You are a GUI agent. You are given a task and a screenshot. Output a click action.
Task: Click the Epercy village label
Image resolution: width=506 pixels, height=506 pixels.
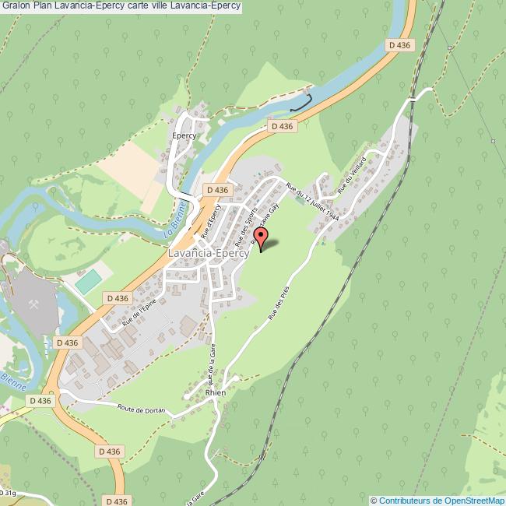pyautogui.click(x=184, y=135)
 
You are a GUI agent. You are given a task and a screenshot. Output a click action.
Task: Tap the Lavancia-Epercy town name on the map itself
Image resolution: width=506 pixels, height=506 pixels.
pyautogui.click(x=209, y=253)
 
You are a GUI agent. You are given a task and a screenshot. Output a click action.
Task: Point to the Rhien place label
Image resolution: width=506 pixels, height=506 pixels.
pyautogui.click(x=216, y=393)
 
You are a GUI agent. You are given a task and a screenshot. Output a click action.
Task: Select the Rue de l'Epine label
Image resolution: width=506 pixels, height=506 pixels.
pyautogui.click(x=141, y=313)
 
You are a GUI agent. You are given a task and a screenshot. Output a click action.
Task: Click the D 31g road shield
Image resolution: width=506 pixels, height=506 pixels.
pyautogui.click(x=8, y=493)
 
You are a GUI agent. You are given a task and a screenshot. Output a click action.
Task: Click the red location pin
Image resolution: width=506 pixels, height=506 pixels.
pyautogui.click(x=262, y=237)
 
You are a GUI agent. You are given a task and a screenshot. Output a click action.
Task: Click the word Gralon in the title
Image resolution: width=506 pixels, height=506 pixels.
pyautogui.click(x=16, y=6)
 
